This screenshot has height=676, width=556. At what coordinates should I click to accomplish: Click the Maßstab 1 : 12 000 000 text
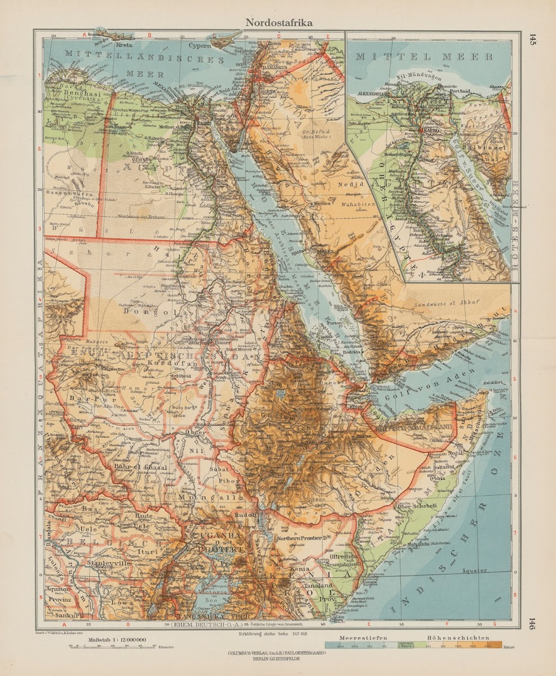pos(117,640)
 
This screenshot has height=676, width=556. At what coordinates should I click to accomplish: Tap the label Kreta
pos(125,44)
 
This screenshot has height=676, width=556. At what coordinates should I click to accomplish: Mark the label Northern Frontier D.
pos(302,539)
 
